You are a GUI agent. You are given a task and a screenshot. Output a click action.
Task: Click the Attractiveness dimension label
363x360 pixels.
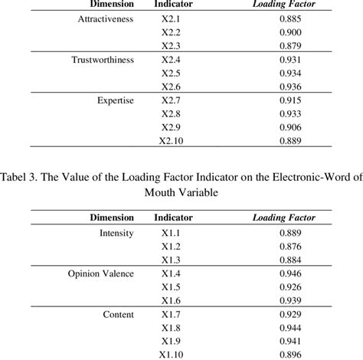(102, 18)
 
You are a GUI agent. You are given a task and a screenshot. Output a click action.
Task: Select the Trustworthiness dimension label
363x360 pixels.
(102, 59)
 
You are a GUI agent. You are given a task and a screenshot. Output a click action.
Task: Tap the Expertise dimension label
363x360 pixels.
(116, 100)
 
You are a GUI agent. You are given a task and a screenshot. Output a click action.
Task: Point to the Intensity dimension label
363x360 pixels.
(117, 233)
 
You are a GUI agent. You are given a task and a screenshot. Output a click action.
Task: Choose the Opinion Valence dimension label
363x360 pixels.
(100, 273)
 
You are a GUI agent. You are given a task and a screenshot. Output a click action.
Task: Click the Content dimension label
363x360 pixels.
(118, 314)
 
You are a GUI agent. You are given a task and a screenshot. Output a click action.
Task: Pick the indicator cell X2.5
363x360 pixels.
(172, 72)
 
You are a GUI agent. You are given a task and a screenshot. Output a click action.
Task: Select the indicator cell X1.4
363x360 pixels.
(172, 273)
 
